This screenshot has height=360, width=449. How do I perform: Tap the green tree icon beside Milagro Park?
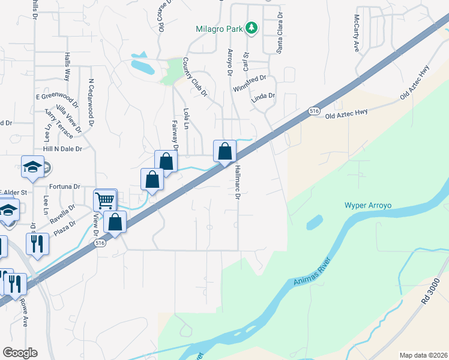253,28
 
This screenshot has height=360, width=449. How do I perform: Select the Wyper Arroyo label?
367,205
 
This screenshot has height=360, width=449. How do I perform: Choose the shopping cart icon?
104,200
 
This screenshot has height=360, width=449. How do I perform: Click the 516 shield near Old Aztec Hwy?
313,112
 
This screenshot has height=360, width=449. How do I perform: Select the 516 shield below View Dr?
100,242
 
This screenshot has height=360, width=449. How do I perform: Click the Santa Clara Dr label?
279,32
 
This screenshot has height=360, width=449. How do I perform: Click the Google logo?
20,353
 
